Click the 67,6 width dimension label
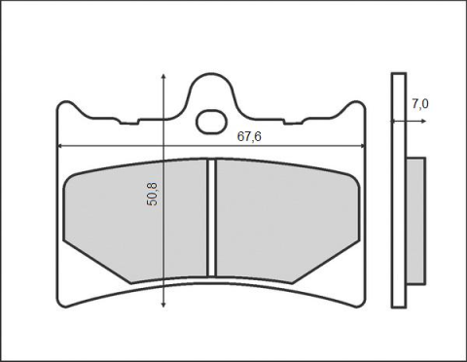(249, 136)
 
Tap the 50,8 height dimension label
(152, 194)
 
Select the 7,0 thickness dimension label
(420, 104)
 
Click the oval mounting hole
(211, 122)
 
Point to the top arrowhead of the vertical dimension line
(163, 77)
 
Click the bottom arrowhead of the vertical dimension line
(163, 305)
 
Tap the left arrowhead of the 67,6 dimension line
(60, 146)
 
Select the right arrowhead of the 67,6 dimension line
(362, 146)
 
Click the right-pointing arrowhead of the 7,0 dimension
(423, 121)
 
